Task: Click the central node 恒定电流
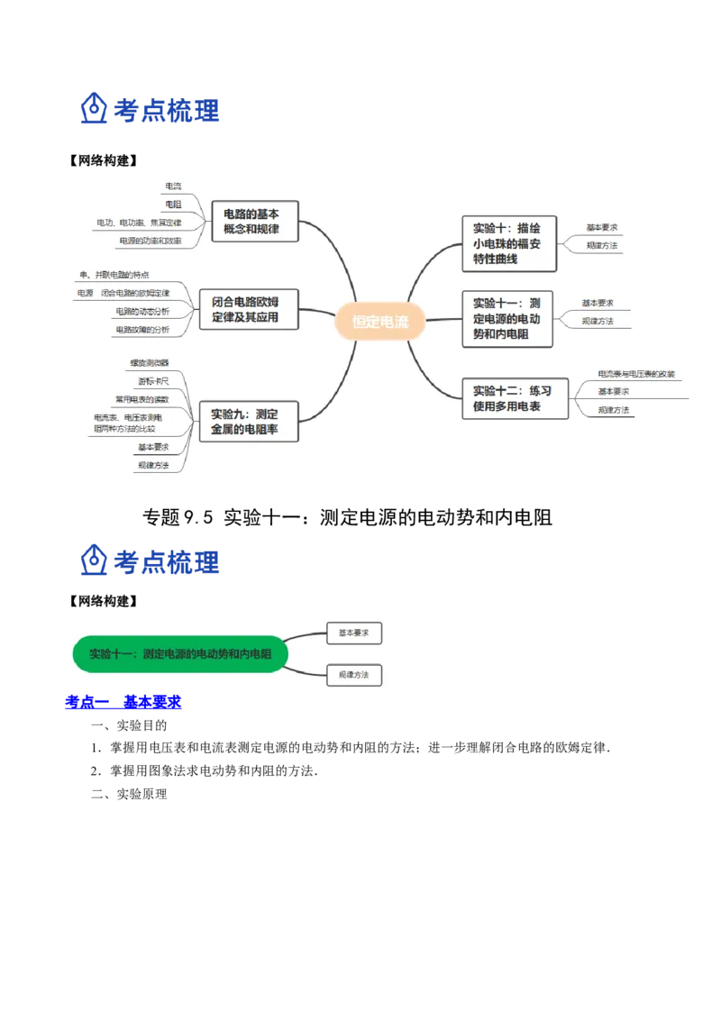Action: [x=379, y=321]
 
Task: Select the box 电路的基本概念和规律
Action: [x=251, y=222]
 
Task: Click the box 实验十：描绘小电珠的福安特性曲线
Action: [x=507, y=244]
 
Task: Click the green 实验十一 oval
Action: [x=180, y=654]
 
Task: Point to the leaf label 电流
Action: [x=173, y=187]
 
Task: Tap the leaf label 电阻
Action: [x=173, y=205]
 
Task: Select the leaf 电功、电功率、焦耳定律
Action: [x=139, y=223]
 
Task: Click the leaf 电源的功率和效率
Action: [x=149, y=241]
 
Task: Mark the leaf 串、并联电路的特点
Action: [x=114, y=275]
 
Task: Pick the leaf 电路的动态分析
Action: [x=141, y=311]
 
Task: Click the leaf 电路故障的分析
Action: [x=141, y=330]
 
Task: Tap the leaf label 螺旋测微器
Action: [x=149, y=362]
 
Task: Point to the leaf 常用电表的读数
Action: [x=141, y=398]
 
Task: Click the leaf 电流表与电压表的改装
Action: [x=636, y=374]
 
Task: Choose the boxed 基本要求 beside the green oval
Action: [x=354, y=633]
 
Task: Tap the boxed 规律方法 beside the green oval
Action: [x=354, y=675]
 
